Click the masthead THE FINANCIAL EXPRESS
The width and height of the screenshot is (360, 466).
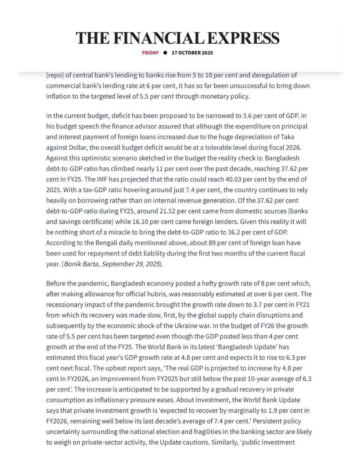tap(178, 38)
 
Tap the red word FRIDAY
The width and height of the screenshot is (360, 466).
tap(150, 53)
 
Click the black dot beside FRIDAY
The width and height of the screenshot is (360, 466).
tap(165, 53)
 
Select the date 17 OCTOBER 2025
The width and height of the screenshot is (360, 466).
tap(192, 53)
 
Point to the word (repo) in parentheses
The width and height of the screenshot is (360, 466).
tap(54, 76)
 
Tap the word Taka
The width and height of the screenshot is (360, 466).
tap(287, 137)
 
